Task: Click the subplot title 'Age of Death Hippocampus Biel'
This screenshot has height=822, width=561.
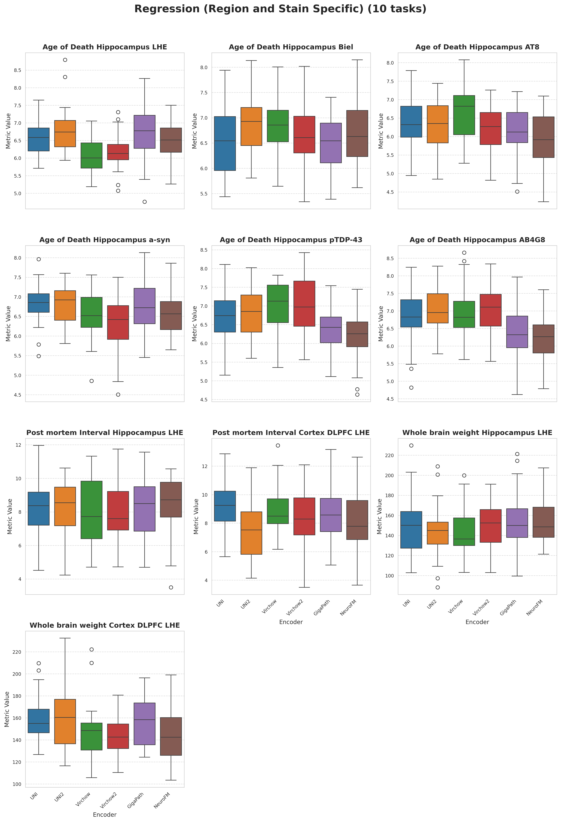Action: point(291,47)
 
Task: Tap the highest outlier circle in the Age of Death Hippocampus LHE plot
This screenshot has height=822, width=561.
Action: point(65,60)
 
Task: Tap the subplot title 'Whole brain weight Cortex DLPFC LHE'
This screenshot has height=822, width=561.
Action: point(105,625)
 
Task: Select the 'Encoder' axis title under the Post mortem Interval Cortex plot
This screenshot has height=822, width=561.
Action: point(291,622)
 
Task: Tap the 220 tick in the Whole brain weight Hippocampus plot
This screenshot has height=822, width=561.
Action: point(389,456)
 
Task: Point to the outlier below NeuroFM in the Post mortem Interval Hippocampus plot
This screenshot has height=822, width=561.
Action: point(171,588)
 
